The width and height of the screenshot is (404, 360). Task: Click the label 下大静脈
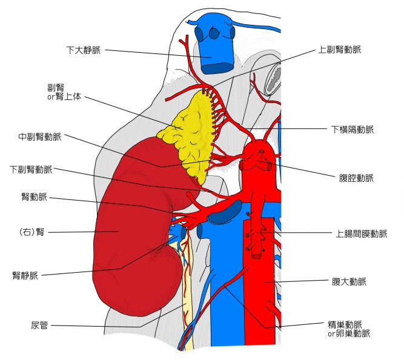tap(84, 48)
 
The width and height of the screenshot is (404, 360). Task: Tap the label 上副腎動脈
tap(343, 49)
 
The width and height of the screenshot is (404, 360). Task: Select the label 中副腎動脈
tap(40, 137)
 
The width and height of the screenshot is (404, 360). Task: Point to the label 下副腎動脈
tap(31, 169)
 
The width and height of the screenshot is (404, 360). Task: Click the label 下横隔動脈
tap(353, 129)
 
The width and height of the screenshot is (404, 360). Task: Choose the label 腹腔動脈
tap(357, 178)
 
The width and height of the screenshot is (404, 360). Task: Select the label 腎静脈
tap(25, 276)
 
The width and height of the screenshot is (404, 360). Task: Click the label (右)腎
tap(33, 232)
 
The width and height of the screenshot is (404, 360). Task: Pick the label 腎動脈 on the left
tap(33, 197)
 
